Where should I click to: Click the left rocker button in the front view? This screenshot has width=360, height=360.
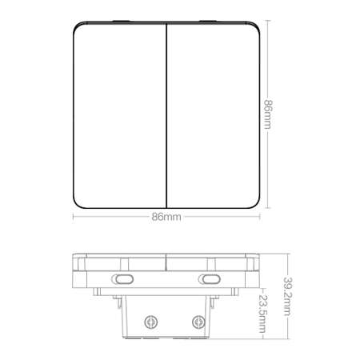click(120, 115)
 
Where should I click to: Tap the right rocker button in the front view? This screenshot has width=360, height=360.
click(213, 115)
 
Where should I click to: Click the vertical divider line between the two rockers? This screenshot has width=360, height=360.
click(166, 115)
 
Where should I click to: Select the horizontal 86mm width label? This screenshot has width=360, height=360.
click(166, 217)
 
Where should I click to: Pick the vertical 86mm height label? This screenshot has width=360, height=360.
click(268, 114)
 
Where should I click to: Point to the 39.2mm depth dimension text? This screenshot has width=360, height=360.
click(287, 296)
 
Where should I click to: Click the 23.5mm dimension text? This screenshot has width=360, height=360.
click(263, 314)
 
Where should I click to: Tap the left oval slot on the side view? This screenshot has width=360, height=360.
click(122, 279)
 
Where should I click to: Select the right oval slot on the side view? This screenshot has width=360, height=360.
click(210, 279)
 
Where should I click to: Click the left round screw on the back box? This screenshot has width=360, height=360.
click(150, 322)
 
